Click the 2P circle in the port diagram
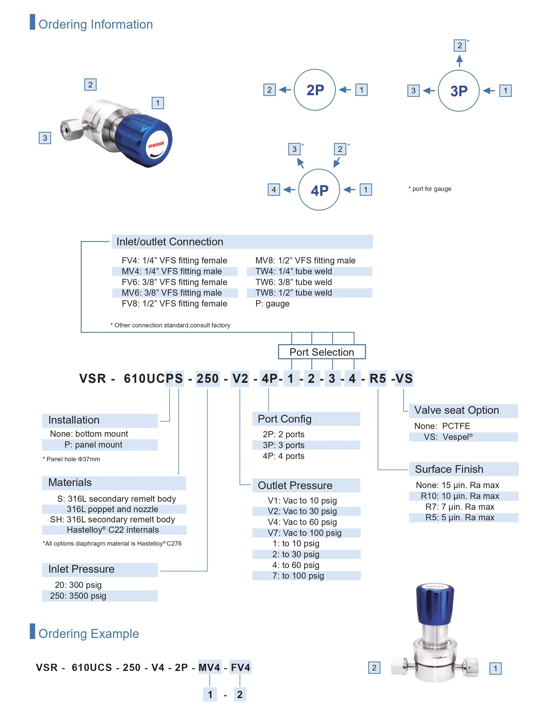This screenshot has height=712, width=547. (x=315, y=90)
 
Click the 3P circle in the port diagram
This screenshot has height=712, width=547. (x=458, y=91)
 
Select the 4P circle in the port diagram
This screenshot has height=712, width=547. (x=319, y=190)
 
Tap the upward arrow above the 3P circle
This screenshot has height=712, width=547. (x=460, y=61)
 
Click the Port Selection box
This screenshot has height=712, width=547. (x=322, y=352)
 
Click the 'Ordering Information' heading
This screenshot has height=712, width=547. (x=95, y=25)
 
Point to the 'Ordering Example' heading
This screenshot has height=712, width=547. (x=89, y=633)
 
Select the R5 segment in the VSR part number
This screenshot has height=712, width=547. (x=378, y=378)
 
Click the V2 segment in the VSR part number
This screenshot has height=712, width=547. (x=240, y=378)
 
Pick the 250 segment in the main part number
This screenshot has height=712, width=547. (x=207, y=378)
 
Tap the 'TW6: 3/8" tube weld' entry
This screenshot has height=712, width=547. (x=294, y=282)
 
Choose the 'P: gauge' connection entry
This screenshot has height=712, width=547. (x=272, y=303)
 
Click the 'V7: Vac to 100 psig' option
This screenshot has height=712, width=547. (x=304, y=533)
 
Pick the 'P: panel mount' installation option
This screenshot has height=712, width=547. (x=93, y=444)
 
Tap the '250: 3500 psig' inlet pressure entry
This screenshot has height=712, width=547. (x=78, y=595)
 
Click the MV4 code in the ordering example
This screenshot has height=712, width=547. (x=209, y=667)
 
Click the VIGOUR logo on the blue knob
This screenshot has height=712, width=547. (x=157, y=144)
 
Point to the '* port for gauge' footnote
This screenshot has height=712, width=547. (x=430, y=189)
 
